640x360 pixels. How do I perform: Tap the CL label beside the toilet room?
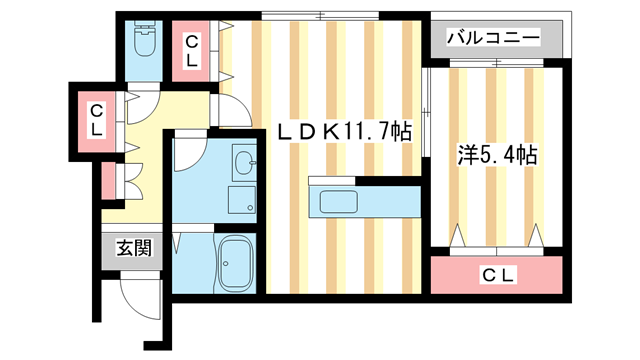pyautogui.click(x=191, y=50)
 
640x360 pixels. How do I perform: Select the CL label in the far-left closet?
pyautogui.click(x=97, y=119)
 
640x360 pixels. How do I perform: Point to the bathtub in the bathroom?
pyautogui.click(x=237, y=265)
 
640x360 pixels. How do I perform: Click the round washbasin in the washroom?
pyautogui.click(x=243, y=163)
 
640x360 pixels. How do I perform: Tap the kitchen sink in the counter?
pyautogui.click(x=346, y=203)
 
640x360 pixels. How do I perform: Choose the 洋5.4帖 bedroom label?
pyautogui.click(x=498, y=155)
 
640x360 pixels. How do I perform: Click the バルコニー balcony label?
pyautogui.click(x=493, y=38)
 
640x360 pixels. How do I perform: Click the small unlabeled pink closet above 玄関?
pyautogui.click(x=108, y=180)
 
